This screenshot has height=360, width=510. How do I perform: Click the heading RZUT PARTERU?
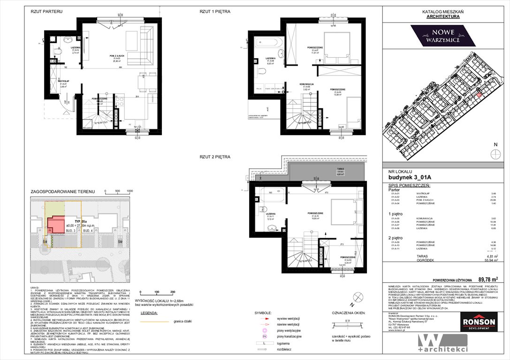point(46,11)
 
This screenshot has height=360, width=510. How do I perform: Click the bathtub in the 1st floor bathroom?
point(269,44)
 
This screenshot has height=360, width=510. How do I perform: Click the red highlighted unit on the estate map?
point(479,95)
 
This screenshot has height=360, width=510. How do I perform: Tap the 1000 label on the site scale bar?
point(129,191)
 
